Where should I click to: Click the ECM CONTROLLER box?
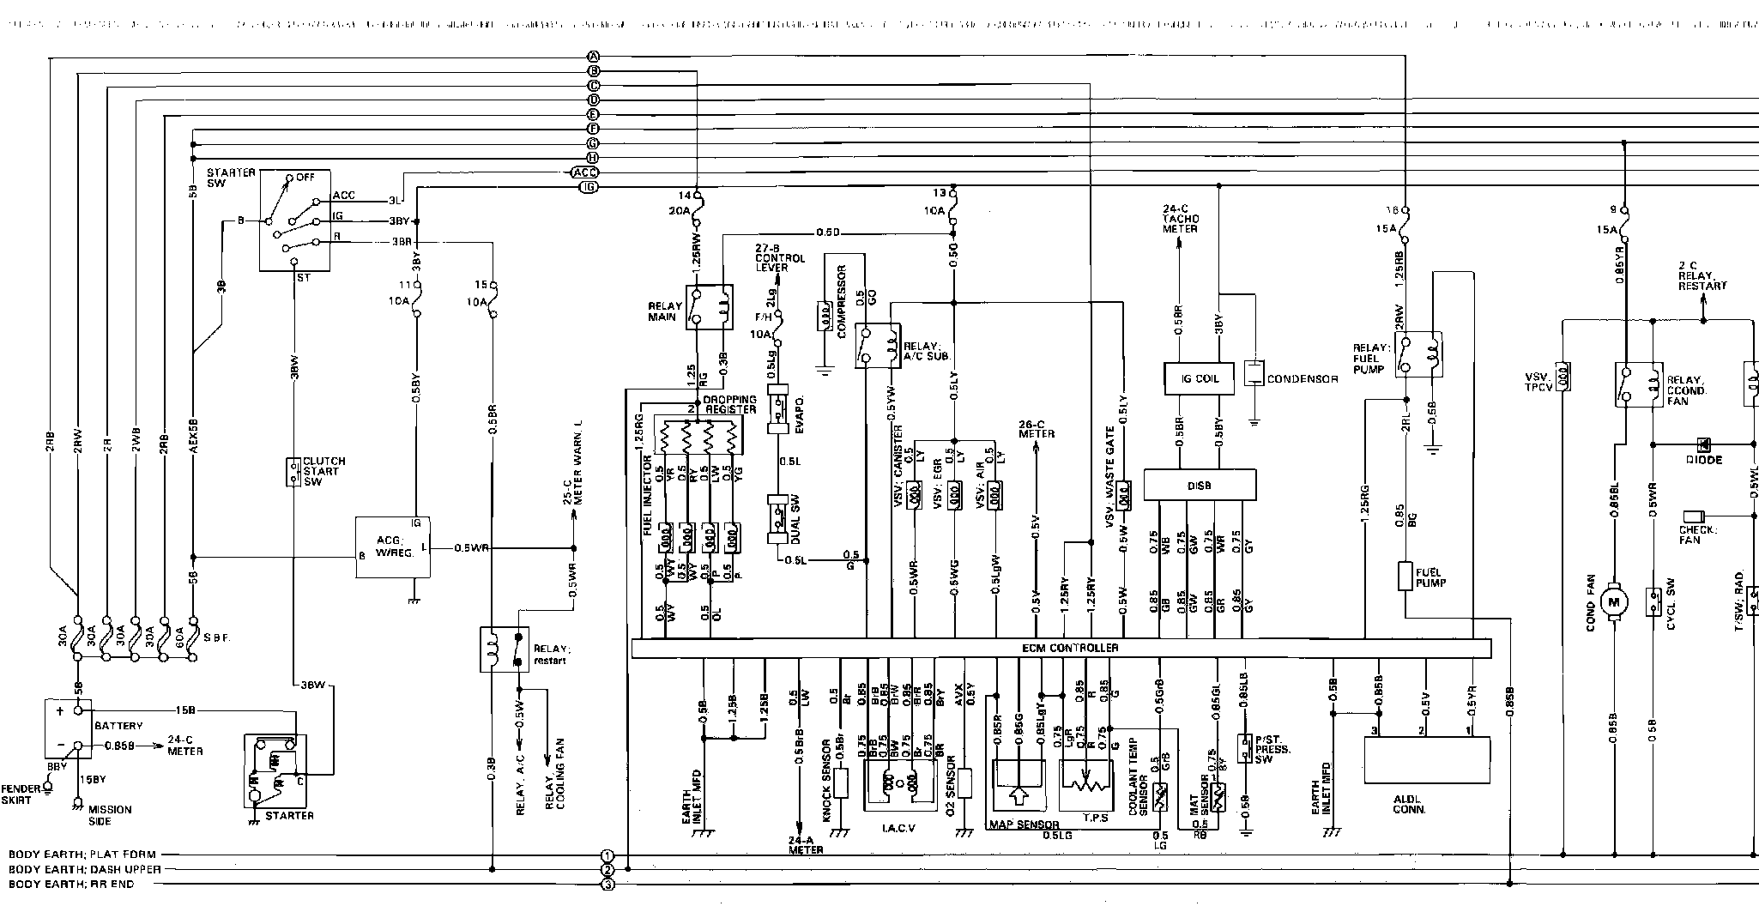pyautogui.click(x=1061, y=649)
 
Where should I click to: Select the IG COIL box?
pyautogui.click(x=1199, y=378)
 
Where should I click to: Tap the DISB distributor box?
pyautogui.click(x=1200, y=485)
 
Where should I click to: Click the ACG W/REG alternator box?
pyautogui.click(x=394, y=547)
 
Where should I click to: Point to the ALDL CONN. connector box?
pyautogui.click(x=1427, y=758)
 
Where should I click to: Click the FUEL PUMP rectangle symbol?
pyautogui.click(x=1405, y=576)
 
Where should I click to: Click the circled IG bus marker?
pyautogui.click(x=589, y=187)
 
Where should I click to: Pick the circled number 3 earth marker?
pyautogui.click(x=607, y=885)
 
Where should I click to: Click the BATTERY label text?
pyautogui.click(x=118, y=726)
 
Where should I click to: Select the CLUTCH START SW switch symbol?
pyautogui.click(x=293, y=471)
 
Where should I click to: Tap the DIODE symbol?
pyautogui.click(x=1703, y=444)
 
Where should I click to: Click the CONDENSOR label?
pyautogui.click(x=1302, y=379)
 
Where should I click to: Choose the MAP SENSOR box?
pyautogui.click(x=1018, y=785)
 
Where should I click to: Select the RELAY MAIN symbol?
pyautogui.click(x=710, y=307)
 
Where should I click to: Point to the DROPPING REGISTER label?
pyautogui.click(x=730, y=404)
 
